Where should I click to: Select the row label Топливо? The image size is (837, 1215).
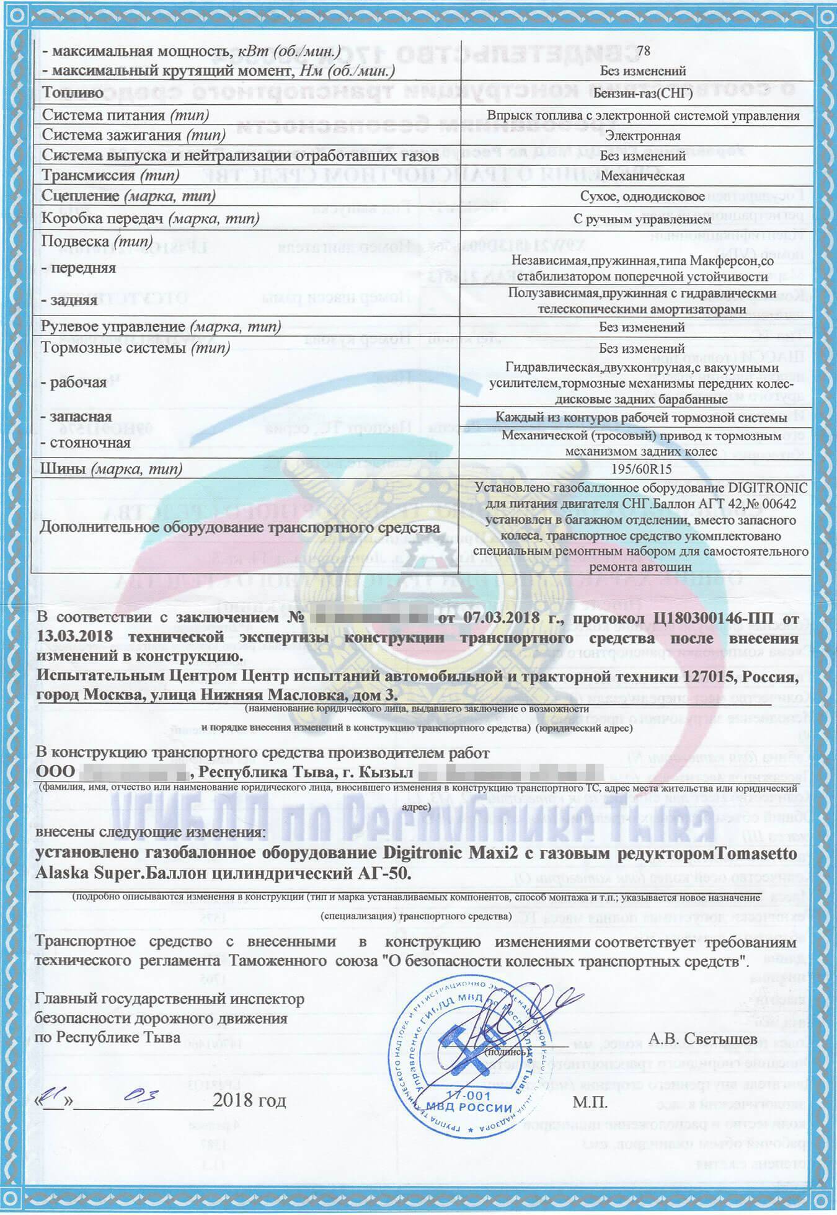pos(73,93)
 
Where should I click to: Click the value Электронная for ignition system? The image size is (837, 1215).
pos(642,135)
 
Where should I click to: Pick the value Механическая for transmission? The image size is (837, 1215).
pos(642,176)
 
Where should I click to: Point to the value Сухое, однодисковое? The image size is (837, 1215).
pos(642,197)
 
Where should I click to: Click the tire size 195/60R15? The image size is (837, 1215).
pos(642,469)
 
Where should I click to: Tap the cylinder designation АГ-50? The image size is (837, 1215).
pos(382,872)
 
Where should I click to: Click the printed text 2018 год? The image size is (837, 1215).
pos(249,1102)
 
